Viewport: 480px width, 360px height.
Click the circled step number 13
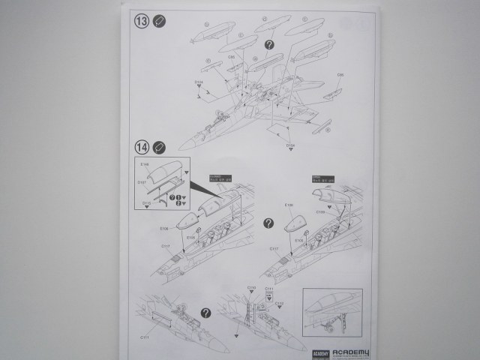(x=142, y=21)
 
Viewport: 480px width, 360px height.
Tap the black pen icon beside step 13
(x=159, y=21)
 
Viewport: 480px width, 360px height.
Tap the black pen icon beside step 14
(x=159, y=146)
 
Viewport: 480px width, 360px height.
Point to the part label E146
(x=145, y=163)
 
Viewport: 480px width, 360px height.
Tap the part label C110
(x=252, y=287)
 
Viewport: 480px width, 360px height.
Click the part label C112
(x=279, y=303)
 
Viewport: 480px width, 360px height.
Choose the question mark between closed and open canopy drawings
(x=268, y=223)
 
